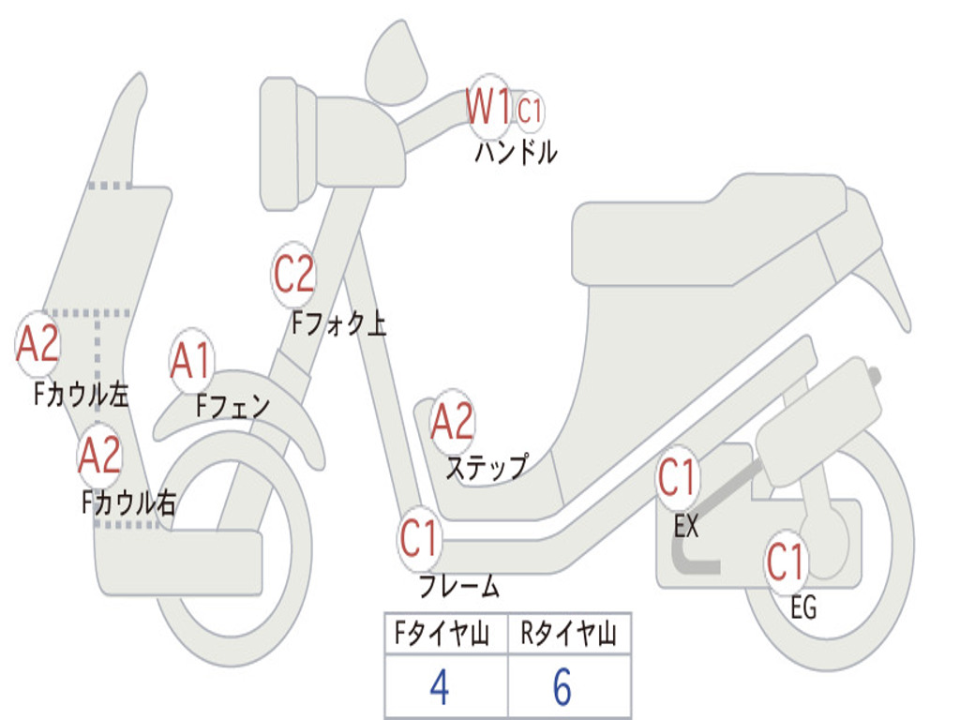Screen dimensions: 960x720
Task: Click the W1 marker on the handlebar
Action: (489, 106)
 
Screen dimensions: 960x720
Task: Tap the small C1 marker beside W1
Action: (530, 111)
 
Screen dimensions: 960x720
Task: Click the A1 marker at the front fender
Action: (191, 361)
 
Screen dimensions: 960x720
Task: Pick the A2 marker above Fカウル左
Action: (38, 344)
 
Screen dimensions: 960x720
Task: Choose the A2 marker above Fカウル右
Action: (99, 456)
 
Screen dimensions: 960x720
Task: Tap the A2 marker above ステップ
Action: (452, 422)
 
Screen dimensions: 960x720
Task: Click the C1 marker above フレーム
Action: (419, 539)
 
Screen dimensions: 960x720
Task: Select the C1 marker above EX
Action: (677, 478)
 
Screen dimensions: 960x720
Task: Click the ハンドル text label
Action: (516, 152)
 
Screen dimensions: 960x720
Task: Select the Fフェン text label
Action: (233, 406)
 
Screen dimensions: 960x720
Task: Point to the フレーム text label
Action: (459, 587)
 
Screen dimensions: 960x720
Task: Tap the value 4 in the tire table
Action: (439, 688)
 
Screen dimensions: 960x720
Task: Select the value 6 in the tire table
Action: (562, 688)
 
